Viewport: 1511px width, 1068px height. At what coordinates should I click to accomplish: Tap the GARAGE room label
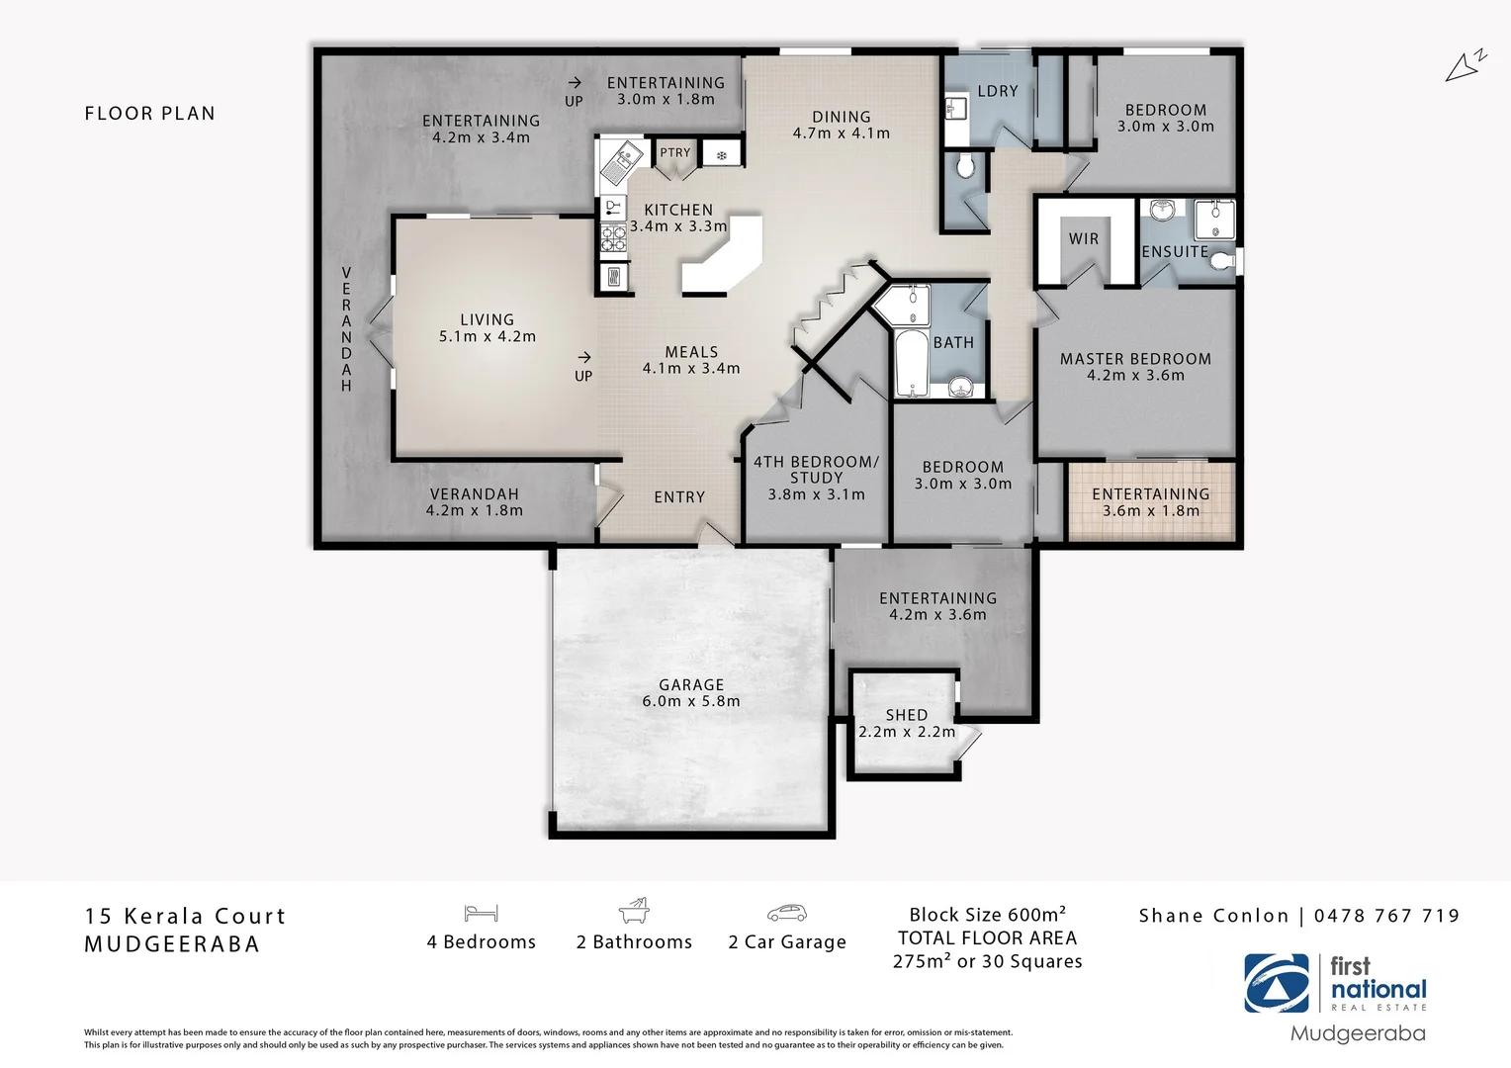(x=691, y=684)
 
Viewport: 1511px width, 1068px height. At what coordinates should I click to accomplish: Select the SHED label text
(x=907, y=715)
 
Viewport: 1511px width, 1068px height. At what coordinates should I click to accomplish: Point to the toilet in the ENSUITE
(x=1223, y=261)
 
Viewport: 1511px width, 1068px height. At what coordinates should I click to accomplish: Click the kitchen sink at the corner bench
(x=624, y=156)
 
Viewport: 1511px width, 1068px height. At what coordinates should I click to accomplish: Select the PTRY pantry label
(x=675, y=152)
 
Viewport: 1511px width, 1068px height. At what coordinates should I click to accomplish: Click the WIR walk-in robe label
(x=1084, y=239)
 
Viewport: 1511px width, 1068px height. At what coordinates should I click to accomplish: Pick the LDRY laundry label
(x=997, y=91)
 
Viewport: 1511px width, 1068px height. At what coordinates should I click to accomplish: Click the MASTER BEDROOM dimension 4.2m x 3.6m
(x=1135, y=376)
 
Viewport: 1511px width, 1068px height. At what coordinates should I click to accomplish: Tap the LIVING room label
(x=487, y=319)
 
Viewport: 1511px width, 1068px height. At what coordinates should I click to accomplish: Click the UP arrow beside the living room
(x=583, y=357)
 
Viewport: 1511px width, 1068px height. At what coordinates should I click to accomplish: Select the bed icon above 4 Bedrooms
(x=481, y=913)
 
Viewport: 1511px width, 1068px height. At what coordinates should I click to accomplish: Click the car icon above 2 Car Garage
(x=786, y=913)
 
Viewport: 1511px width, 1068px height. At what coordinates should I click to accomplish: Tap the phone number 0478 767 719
(x=1386, y=916)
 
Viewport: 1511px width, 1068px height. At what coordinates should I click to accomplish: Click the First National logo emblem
(x=1277, y=983)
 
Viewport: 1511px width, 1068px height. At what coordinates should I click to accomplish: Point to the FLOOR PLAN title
(x=150, y=114)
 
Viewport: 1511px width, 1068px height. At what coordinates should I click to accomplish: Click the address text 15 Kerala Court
(x=185, y=917)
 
